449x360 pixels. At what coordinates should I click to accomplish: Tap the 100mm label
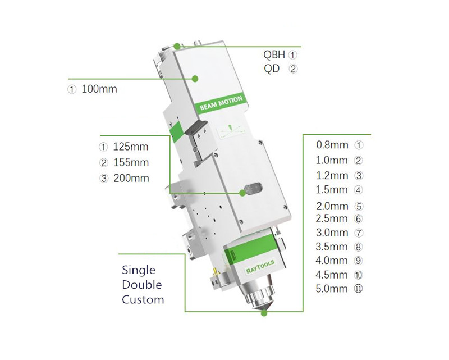99,89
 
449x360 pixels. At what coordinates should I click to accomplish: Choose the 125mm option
131,148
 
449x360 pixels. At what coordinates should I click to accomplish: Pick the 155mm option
131,163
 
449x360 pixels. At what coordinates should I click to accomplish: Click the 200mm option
131,178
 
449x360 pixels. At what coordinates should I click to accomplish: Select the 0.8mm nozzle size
332,144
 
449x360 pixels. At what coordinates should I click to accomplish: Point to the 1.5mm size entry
332,190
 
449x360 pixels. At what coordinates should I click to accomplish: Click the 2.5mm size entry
332,218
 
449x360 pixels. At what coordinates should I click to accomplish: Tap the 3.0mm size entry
332,233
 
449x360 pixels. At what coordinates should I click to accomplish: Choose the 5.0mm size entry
332,290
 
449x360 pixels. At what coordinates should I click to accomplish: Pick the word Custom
143,299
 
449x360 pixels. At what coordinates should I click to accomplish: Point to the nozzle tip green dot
264,313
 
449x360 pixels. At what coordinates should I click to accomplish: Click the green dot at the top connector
177,46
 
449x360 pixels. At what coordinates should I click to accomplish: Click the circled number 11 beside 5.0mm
359,290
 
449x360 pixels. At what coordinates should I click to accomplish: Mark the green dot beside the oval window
242,193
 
